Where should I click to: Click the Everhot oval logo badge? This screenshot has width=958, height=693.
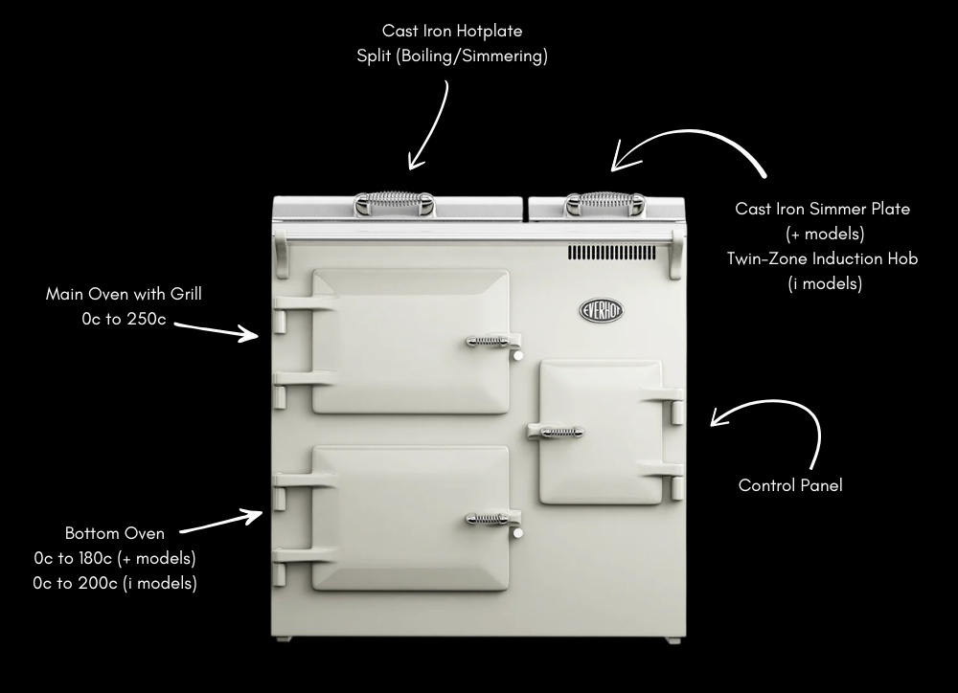[x=602, y=310]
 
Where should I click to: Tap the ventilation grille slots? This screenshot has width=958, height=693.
[x=611, y=253]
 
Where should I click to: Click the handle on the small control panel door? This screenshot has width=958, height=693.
[x=556, y=433]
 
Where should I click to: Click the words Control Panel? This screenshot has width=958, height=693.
[x=790, y=485]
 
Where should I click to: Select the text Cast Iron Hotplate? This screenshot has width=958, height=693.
[x=452, y=31]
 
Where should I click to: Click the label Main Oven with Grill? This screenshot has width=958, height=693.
[x=124, y=294]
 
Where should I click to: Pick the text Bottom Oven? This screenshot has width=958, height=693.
[x=115, y=533]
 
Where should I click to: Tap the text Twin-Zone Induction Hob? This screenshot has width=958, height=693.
[x=822, y=258]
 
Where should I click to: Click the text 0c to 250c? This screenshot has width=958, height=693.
[x=124, y=320]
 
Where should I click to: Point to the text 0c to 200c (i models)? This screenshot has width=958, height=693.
[x=115, y=583]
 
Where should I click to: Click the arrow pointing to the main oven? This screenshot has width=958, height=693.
[x=217, y=331]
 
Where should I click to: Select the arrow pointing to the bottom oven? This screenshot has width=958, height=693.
[x=222, y=522]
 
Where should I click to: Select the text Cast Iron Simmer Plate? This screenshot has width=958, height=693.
[x=822, y=209]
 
